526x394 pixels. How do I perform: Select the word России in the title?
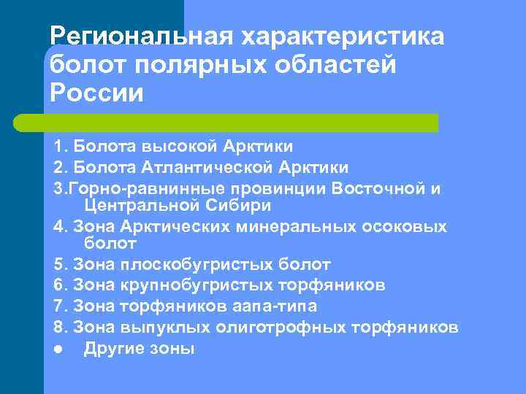pos(97,94)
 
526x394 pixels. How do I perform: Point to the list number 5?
pos(58,264)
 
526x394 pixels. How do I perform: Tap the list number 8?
pos(58,328)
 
